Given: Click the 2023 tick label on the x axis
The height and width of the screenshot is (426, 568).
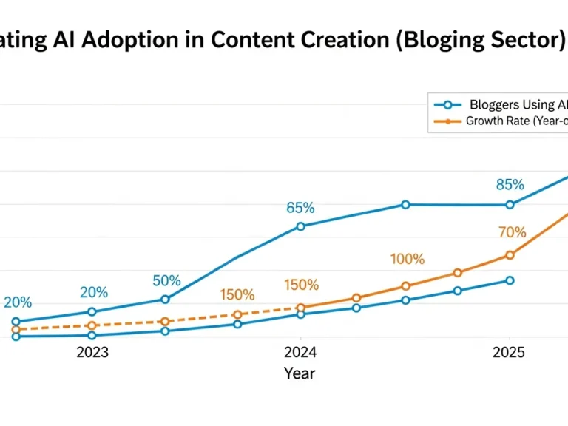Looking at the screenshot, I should click(92, 353).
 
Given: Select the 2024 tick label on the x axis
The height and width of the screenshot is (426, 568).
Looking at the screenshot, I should click(300, 353).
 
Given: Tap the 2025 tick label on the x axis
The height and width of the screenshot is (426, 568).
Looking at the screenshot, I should click(510, 353).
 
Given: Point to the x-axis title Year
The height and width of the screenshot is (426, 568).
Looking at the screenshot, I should click(300, 373).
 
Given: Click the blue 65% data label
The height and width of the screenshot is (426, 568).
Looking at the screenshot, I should click(300, 208).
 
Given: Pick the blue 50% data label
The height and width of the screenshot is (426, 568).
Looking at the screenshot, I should click(166, 281).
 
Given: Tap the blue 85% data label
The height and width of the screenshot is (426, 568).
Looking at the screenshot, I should click(510, 185).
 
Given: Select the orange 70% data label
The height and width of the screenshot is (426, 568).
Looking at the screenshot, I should click(512, 233).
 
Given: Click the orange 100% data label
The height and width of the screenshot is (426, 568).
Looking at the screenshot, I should click(408, 260).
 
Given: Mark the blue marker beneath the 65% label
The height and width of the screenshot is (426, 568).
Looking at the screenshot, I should click(300, 226).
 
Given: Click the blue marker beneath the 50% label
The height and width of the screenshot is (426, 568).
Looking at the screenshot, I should click(165, 300).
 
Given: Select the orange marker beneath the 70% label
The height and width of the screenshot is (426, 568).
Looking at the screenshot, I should click(510, 255).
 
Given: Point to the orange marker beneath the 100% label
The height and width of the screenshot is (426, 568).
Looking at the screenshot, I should click(405, 286).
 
